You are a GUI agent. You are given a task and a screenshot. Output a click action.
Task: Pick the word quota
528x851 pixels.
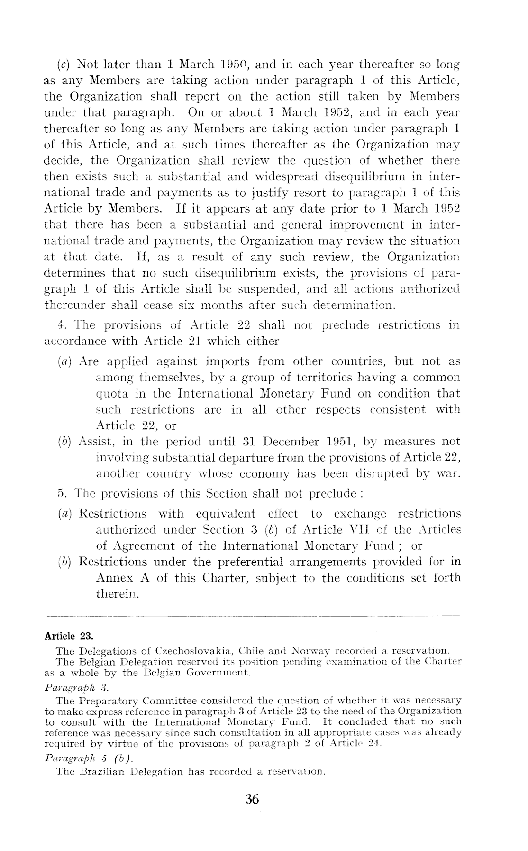tap(113, 394)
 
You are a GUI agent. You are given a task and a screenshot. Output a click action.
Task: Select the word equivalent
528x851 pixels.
tap(226, 513)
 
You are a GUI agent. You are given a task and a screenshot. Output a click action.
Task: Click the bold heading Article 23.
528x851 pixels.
tap(69, 635)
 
